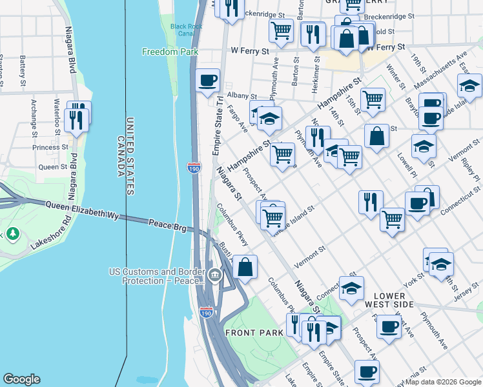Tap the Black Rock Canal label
182,30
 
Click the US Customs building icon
214,277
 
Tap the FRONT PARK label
254,332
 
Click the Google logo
21,379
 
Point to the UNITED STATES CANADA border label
125,156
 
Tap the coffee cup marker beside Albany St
207,81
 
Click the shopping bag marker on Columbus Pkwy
245,266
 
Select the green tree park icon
12,232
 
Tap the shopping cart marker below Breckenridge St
282,30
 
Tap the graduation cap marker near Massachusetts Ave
469,85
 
